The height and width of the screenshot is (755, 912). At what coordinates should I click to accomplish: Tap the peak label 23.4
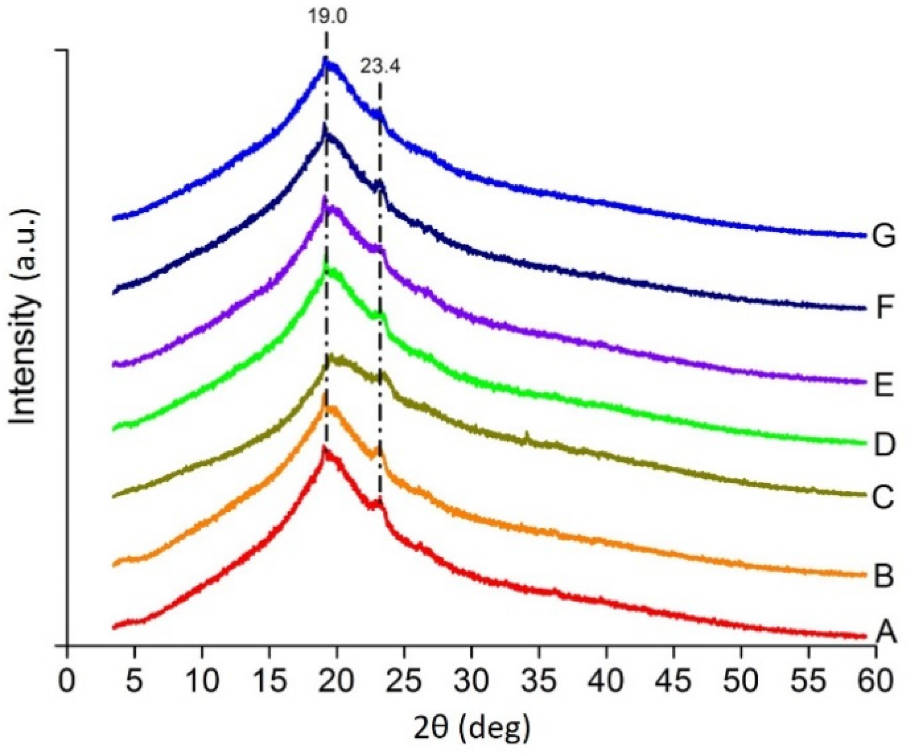coord(380,67)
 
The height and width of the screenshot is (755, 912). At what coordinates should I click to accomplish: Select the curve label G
coord(883,237)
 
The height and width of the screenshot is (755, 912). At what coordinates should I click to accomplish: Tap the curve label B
coord(884,577)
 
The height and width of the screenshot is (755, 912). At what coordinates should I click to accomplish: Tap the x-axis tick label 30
coord(471,681)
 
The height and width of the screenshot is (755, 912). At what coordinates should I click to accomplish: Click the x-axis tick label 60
coord(875,681)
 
